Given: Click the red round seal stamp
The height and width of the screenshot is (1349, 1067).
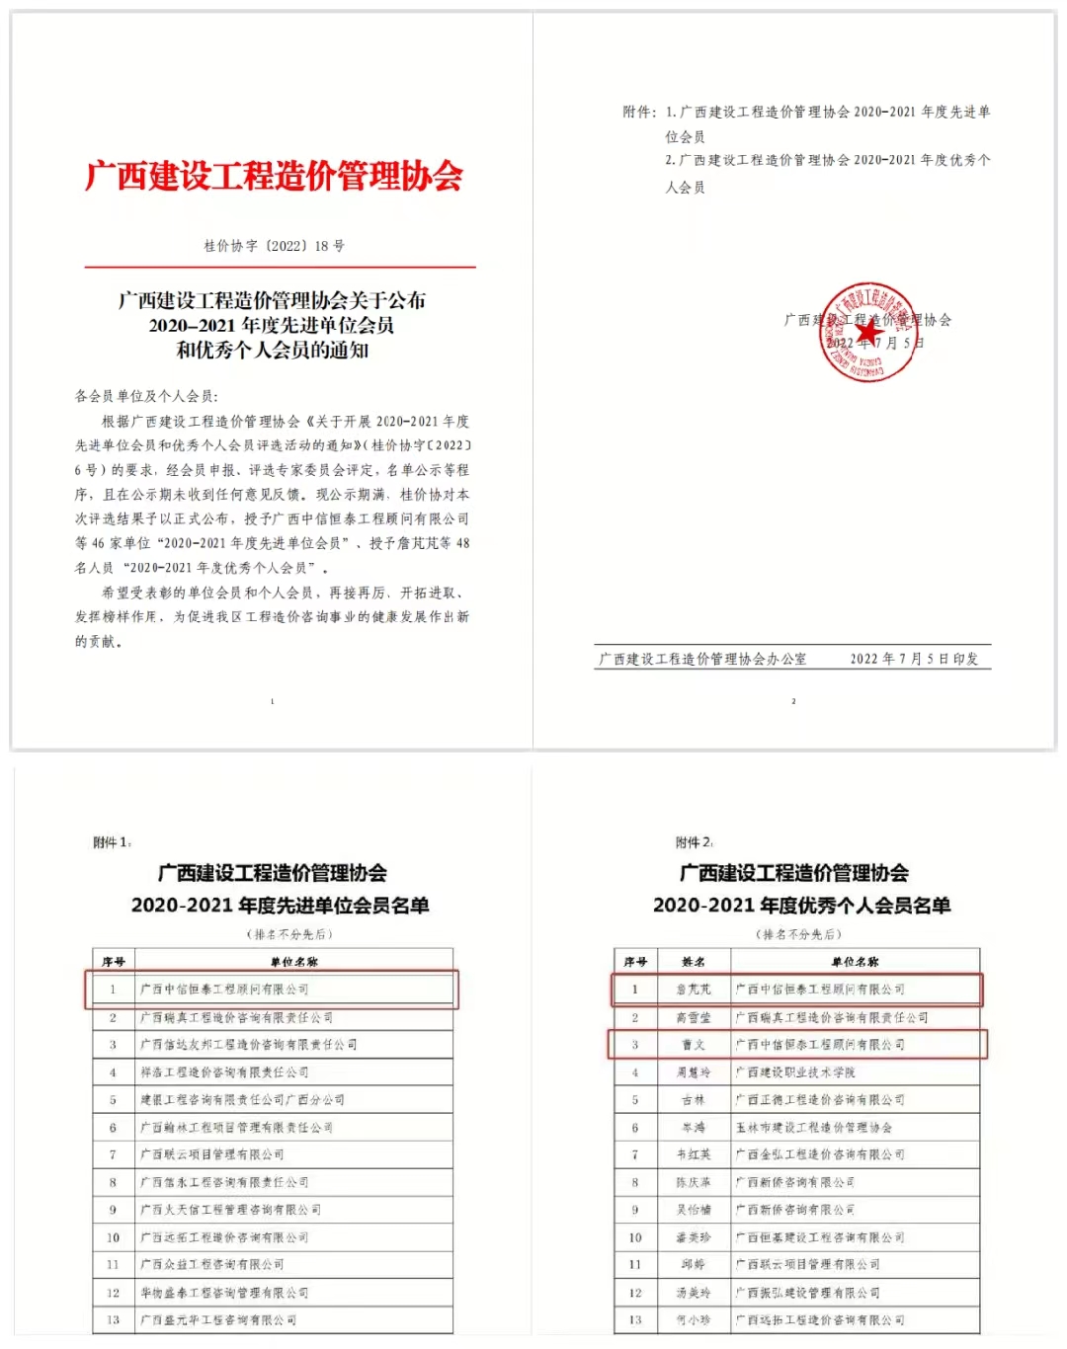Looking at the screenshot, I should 868,333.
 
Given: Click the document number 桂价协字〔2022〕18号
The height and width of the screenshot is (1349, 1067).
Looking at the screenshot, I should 274,246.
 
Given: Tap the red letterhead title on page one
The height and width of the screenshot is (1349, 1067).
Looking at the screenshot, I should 274,176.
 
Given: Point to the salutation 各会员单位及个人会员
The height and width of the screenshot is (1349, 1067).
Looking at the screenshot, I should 146,396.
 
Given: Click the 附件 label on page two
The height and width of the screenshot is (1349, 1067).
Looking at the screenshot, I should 638,113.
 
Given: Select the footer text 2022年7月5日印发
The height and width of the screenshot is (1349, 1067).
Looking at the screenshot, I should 914,659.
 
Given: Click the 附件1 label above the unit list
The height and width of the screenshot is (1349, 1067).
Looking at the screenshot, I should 112,842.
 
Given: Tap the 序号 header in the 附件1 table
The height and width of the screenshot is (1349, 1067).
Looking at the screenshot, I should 114,961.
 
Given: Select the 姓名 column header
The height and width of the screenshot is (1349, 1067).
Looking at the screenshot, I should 694,961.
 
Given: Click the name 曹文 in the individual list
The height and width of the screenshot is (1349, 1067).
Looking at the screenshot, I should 694,1045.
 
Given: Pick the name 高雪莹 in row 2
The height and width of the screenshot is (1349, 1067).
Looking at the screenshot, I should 694,1017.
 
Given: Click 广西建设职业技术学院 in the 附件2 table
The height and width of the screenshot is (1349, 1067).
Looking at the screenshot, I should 795,1072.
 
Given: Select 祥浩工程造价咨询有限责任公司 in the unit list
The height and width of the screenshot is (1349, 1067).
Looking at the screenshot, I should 224,1072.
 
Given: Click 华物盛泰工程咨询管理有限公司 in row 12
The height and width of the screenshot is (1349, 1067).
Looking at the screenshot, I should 224,1293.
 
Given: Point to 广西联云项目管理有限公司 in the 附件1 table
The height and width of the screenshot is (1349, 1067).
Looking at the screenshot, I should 211,1154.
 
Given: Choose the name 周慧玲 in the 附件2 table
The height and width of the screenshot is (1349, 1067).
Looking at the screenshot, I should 694,1072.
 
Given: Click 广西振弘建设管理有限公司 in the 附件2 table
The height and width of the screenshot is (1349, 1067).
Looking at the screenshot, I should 807,1293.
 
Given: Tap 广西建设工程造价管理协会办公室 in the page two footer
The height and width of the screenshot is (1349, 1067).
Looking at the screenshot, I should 702,659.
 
